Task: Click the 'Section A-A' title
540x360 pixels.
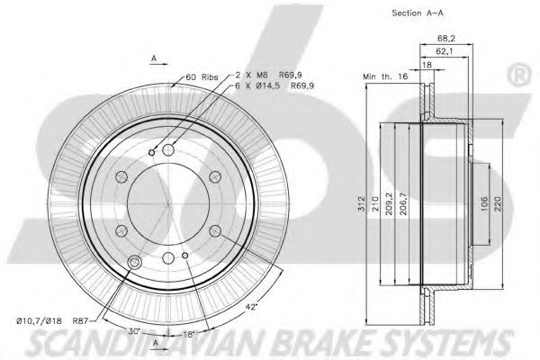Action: coord(418,13)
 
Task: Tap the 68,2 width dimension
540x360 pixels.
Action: coord(446,38)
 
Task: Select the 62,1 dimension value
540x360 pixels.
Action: coord(445,51)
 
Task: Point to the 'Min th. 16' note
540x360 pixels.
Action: coord(385,76)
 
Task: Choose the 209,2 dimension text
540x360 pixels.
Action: coord(389,204)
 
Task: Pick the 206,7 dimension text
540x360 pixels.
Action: coord(403,204)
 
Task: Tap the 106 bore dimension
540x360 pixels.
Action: coord(484,204)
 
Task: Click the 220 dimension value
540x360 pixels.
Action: coord(499,204)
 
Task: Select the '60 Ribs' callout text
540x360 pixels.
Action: coord(202,76)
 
